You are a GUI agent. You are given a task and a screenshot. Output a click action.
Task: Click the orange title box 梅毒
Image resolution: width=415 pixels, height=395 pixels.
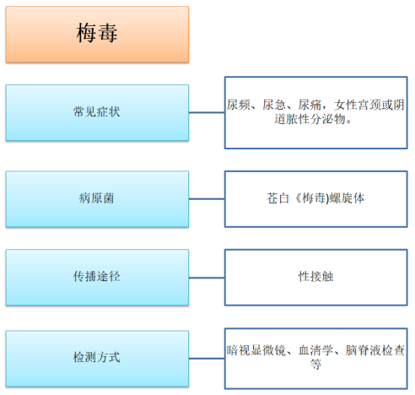coord(97,34)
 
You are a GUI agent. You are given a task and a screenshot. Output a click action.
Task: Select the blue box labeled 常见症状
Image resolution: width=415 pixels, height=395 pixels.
coord(97,112)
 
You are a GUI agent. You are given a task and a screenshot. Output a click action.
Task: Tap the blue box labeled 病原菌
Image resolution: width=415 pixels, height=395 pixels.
coord(97,199)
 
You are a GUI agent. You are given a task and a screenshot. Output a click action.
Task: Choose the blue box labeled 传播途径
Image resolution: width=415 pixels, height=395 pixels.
coord(97,278)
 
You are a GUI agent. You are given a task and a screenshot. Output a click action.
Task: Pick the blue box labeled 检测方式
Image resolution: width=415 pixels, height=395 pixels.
coord(97,359)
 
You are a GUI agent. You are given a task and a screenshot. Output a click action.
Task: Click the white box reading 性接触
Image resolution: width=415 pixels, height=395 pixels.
coord(316,277)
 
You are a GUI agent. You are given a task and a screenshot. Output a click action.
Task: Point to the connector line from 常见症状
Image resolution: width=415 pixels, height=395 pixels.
coord(207,112)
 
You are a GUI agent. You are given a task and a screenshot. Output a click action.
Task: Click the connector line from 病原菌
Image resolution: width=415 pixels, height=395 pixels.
coord(207,199)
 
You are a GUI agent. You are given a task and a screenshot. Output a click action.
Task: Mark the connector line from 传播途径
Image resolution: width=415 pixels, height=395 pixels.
coord(207,278)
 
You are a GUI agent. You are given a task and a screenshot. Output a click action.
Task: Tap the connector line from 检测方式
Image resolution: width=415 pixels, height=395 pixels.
coord(207,359)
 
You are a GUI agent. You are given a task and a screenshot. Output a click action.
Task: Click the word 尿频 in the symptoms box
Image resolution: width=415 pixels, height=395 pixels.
coord(239,105)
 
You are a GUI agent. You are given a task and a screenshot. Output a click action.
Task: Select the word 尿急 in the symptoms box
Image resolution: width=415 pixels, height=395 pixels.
coord(274,105)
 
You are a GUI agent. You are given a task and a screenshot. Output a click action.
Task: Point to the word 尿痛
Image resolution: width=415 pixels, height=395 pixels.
coord(310,105)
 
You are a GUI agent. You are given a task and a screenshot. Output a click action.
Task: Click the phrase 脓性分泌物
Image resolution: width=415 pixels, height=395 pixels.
coord(316,119)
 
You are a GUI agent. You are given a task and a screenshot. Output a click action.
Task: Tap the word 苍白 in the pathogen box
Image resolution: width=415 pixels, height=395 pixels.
coord(278,198)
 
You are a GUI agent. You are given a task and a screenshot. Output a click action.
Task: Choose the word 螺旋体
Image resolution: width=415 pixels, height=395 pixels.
coord(347,198)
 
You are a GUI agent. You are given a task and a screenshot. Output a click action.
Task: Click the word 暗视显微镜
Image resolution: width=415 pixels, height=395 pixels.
coord(256,350)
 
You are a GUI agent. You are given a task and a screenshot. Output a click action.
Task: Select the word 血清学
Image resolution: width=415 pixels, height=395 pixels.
coord(316,350)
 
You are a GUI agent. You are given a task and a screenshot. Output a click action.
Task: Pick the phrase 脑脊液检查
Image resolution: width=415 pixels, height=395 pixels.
coord(375,350)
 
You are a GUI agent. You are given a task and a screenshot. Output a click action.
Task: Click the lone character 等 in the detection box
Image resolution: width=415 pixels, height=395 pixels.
coord(316,365)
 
